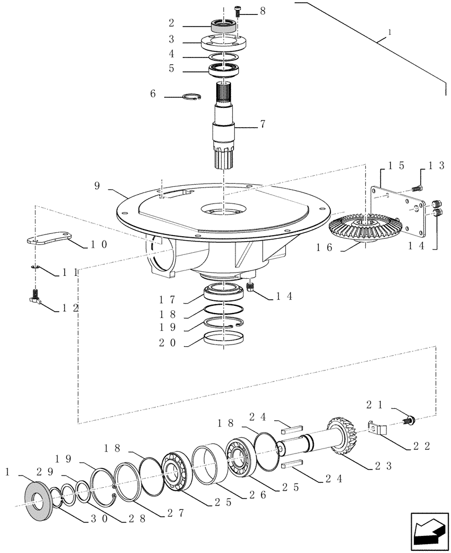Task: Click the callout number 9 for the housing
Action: click(97, 186)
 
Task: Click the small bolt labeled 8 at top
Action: click(238, 9)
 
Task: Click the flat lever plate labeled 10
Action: click(49, 238)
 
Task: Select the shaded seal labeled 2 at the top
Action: click(224, 25)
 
